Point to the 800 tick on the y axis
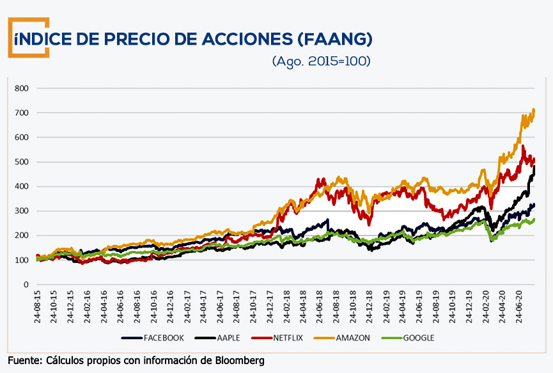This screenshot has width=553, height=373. (22, 88)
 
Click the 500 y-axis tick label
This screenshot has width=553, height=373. (22, 162)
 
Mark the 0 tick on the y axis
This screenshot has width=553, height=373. (27, 285)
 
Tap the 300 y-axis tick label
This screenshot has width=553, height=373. (22, 211)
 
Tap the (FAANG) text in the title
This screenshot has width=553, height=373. (334, 39)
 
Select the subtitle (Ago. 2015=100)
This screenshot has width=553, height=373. (321, 61)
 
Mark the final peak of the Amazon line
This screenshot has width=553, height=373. (534, 110)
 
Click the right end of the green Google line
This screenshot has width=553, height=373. (534, 219)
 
